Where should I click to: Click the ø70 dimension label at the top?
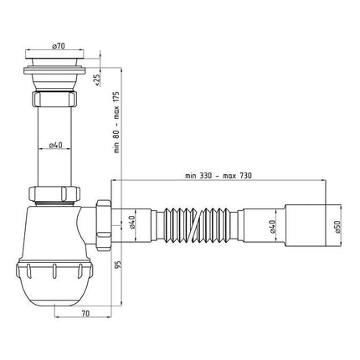[59, 46]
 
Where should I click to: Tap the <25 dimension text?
[97, 80]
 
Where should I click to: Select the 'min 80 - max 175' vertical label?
[116, 122]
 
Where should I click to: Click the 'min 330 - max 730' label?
[219, 176]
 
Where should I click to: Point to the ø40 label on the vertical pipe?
[55, 145]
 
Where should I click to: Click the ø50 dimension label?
[337, 227]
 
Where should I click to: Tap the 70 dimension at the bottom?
[85, 313]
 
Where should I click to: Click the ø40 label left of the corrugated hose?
[132, 222]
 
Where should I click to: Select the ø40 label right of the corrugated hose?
[273, 226]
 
